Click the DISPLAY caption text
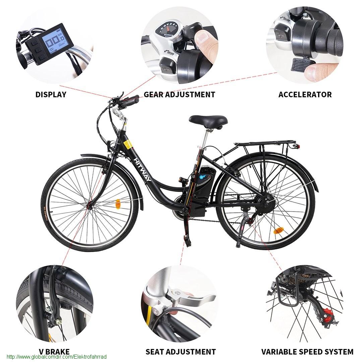[51, 95]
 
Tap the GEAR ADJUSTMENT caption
[179, 95]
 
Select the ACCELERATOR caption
[305, 95]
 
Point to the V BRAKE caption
[54, 352]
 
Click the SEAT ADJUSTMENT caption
[181, 352]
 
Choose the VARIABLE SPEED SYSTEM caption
[307, 352]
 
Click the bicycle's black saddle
[208, 121]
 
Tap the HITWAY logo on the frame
[143, 169]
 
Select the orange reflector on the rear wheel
[278, 231]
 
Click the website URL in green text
[57, 357]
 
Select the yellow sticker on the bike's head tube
[128, 144]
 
